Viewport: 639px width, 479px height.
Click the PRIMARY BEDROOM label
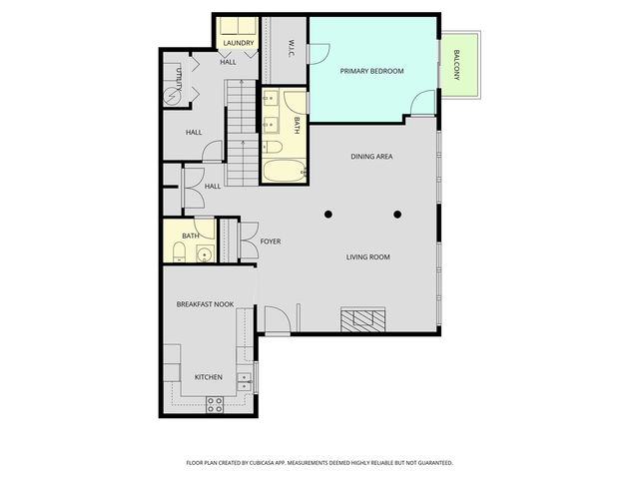click(371, 71)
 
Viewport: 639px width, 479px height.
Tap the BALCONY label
click(457, 65)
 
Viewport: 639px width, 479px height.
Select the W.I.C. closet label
click(292, 48)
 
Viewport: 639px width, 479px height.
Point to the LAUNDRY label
click(239, 43)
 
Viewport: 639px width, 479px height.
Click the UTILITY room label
click(179, 79)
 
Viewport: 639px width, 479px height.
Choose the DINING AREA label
click(371, 157)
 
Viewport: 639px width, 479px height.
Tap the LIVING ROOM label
click(368, 257)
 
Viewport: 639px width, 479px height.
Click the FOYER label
click(271, 241)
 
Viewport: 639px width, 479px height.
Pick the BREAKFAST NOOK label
click(205, 304)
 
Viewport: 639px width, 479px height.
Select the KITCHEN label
click(209, 377)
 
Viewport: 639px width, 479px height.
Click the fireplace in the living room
click(363, 319)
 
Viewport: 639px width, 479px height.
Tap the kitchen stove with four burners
click(215, 404)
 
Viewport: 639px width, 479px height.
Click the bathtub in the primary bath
click(284, 171)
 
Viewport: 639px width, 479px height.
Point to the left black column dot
click(328, 215)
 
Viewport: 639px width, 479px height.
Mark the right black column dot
click(397, 215)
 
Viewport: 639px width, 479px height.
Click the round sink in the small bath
click(204, 254)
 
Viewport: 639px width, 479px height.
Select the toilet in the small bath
click(180, 251)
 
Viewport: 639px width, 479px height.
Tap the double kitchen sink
click(244, 381)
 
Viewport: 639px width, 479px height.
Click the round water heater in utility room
click(172, 97)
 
